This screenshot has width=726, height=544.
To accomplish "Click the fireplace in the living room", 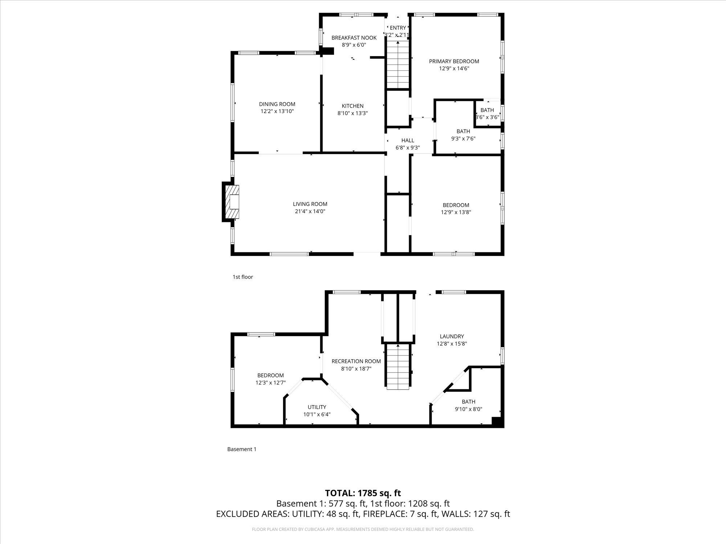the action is pyautogui.click(x=231, y=202).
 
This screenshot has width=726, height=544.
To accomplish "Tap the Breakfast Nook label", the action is pyautogui.click(x=354, y=38).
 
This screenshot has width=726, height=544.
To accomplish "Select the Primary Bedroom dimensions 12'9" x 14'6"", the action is pyautogui.click(x=454, y=68).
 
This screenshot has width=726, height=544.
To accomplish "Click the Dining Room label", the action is pyautogui.click(x=277, y=104).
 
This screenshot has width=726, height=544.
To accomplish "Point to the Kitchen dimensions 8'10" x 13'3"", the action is pyautogui.click(x=353, y=113).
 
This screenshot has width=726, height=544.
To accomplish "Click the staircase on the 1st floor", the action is pyautogui.click(x=398, y=65).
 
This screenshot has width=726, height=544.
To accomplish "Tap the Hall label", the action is pyautogui.click(x=408, y=140).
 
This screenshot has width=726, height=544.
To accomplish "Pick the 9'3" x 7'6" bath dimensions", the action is pyautogui.click(x=463, y=138).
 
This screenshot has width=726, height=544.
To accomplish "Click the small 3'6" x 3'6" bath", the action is pyautogui.click(x=488, y=114).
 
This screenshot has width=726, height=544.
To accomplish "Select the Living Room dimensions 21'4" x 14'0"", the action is pyautogui.click(x=310, y=211).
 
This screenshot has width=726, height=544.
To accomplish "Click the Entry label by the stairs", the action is pyautogui.click(x=398, y=28).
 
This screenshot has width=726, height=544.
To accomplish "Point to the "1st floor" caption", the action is pyautogui.click(x=243, y=277).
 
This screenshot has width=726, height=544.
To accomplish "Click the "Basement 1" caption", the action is pyautogui.click(x=242, y=449).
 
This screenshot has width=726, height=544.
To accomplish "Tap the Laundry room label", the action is pyautogui.click(x=452, y=336).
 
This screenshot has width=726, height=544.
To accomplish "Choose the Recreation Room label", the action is pyautogui.click(x=356, y=361).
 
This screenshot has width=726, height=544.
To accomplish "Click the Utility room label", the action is pyautogui.click(x=317, y=407).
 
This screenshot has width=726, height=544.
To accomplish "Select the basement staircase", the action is pyautogui.click(x=398, y=367).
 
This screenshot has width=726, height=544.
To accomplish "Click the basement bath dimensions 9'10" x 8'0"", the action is pyautogui.click(x=469, y=409).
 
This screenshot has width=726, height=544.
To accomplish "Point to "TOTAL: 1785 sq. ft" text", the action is pyautogui.click(x=363, y=493).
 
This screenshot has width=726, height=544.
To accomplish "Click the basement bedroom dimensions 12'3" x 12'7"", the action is pyautogui.click(x=270, y=382).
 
